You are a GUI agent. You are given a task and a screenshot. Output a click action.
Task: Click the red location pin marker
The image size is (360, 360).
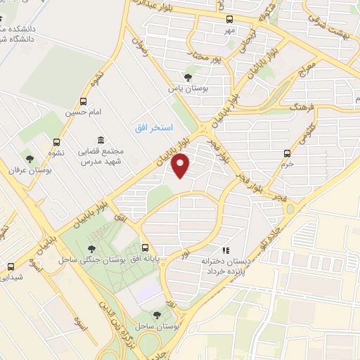pyautogui.click(x=181, y=165)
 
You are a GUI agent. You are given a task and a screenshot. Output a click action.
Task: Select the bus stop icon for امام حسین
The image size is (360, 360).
pyautogui.click(x=84, y=102)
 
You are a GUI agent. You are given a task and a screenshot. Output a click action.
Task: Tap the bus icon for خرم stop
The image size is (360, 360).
pyautogui.click(x=287, y=153)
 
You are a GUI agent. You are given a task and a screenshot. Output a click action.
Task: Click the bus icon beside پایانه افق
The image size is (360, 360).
pyautogui.click(x=146, y=247)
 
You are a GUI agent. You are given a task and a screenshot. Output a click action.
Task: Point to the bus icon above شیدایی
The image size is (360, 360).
pyautogui.click(x=11, y=266)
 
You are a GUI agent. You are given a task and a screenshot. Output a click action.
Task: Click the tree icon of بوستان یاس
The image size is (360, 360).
pyautogui.click(x=186, y=77)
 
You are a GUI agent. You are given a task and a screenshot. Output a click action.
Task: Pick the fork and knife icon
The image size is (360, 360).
pyautogui.click(x=226, y=250)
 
